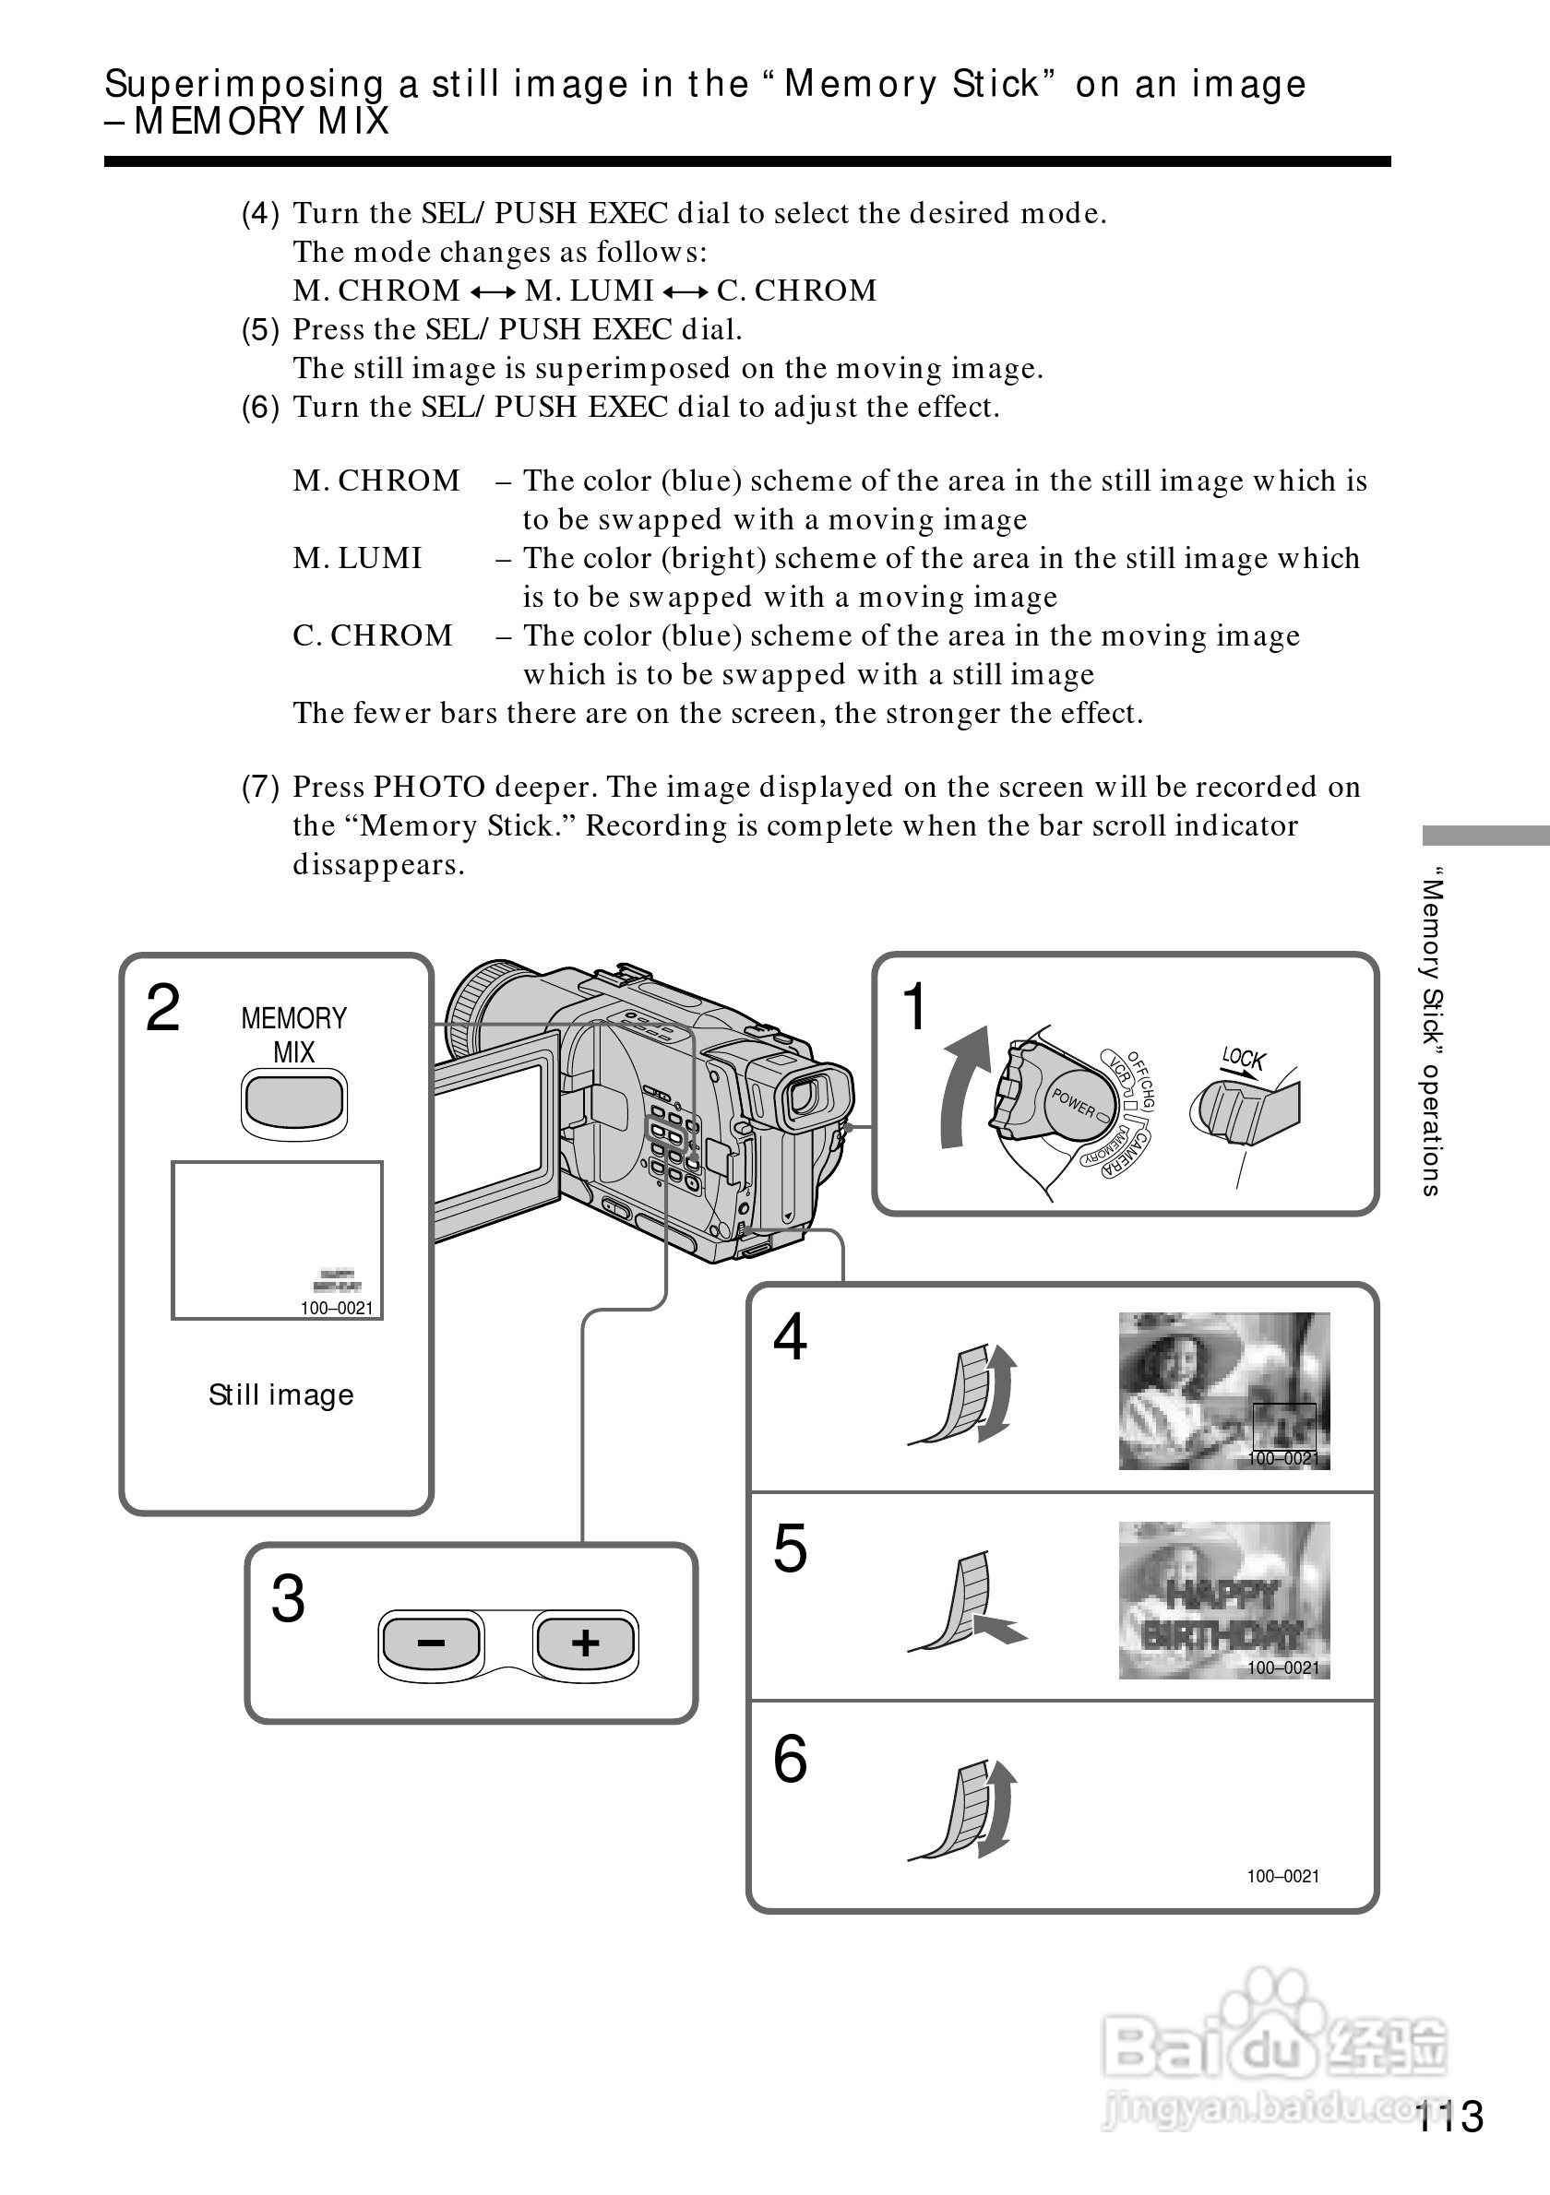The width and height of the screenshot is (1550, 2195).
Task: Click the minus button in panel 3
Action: [x=431, y=1643]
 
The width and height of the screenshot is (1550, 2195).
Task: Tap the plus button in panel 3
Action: [x=585, y=1643]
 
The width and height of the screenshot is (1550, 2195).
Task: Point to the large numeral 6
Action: [x=790, y=1759]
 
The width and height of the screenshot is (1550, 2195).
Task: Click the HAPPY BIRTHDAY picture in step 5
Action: [x=1224, y=1600]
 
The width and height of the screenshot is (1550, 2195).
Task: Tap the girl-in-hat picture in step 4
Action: [x=1224, y=1390]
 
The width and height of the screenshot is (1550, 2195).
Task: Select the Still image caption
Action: [x=281, y=1394]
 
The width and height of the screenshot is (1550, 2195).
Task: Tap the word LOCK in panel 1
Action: [x=1243, y=1059]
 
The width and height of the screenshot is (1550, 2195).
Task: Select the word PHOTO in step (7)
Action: [x=429, y=787]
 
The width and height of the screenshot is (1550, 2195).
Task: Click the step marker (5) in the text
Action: [x=260, y=330]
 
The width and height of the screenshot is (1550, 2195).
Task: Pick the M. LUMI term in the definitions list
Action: [x=358, y=558]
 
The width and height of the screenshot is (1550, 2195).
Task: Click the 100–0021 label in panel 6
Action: [x=1282, y=1876]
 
